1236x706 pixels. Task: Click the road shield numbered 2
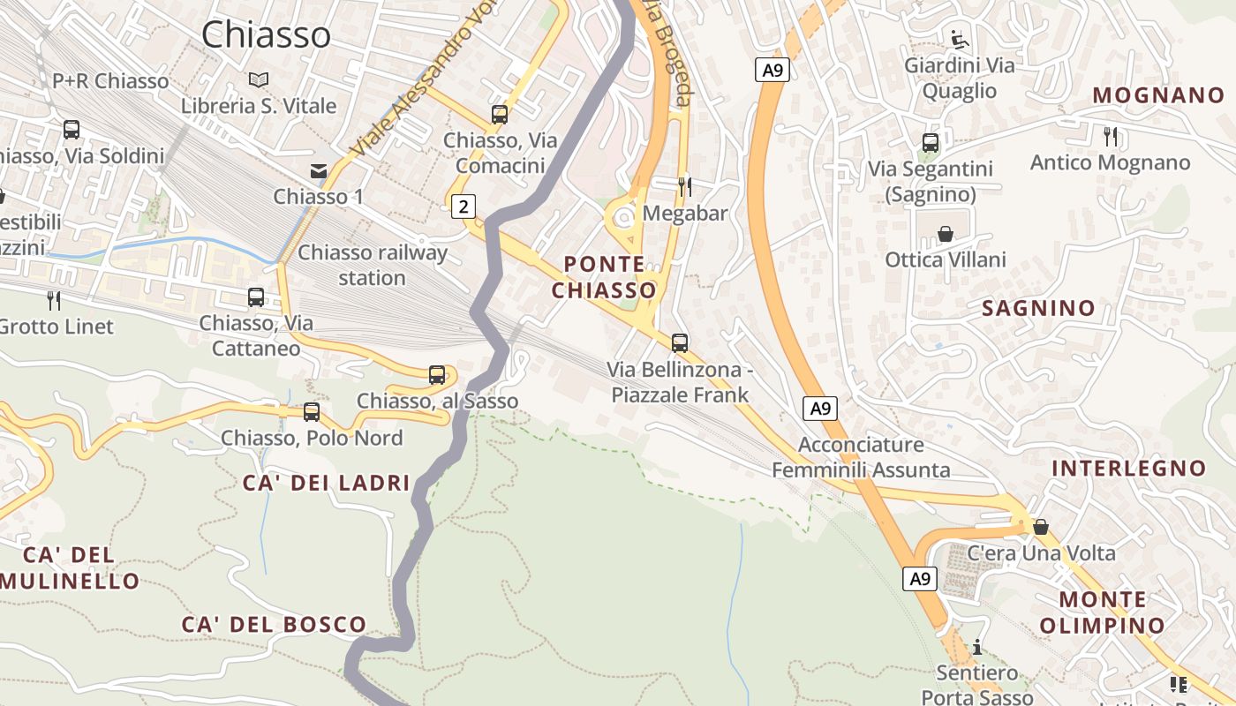pyautogui.click(x=463, y=207)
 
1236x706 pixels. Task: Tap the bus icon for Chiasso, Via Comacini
pyautogui.click(x=500, y=115)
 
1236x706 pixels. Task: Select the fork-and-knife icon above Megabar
pyautogui.click(x=684, y=186)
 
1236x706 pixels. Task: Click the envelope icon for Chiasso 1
pyautogui.click(x=318, y=171)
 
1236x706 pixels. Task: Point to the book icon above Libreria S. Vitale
pyautogui.click(x=258, y=80)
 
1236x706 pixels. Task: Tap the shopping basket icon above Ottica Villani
pyautogui.click(x=946, y=234)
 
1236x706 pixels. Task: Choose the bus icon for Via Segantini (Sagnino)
pyautogui.click(x=930, y=143)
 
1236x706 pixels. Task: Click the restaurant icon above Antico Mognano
pyautogui.click(x=1111, y=136)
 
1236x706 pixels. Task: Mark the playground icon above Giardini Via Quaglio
pyautogui.click(x=959, y=39)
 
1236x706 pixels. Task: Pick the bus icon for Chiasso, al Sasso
pyautogui.click(x=437, y=375)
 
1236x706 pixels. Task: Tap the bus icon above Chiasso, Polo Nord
pyautogui.click(x=311, y=412)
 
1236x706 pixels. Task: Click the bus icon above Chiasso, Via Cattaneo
pyautogui.click(x=256, y=297)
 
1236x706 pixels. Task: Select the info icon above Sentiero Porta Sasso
pyautogui.click(x=977, y=648)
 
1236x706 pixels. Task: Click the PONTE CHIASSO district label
pyautogui.click(x=605, y=277)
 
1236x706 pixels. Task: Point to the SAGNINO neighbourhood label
pyautogui.click(x=1038, y=308)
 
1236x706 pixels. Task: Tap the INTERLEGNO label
pyautogui.click(x=1129, y=468)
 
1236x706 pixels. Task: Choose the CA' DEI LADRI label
pyautogui.click(x=327, y=482)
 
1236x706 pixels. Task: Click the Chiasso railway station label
pyautogui.click(x=373, y=265)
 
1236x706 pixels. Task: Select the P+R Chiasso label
pyautogui.click(x=110, y=81)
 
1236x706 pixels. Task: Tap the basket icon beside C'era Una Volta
pyautogui.click(x=1041, y=527)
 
